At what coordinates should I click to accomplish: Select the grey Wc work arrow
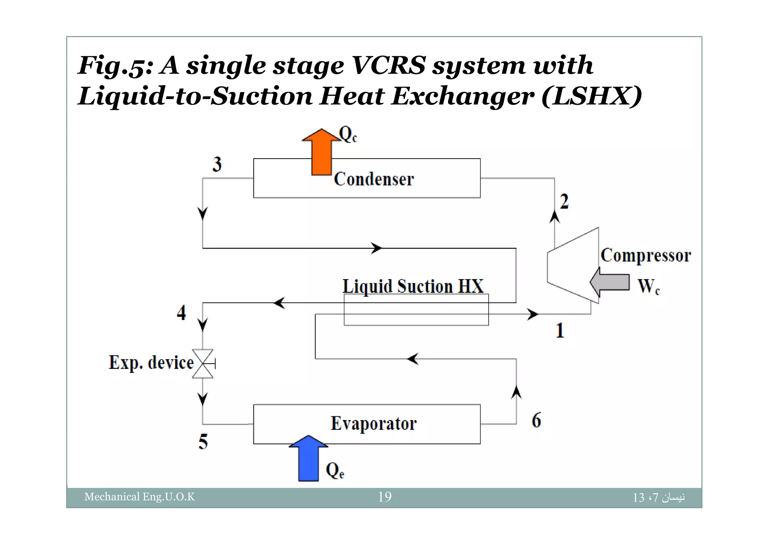(611, 282)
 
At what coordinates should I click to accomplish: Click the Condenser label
(374, 179)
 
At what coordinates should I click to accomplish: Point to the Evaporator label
(374, 424)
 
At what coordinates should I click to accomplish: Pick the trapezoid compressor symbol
(572, 265)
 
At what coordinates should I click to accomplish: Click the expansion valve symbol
(203, 364)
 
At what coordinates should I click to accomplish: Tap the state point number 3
(217, 165)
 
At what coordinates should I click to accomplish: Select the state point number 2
(564, 202)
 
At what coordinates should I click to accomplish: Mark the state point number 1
(560, 331)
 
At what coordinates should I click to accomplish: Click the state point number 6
(536, 420)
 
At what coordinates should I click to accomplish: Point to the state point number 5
(203, 442)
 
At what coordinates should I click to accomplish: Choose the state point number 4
(181, 313)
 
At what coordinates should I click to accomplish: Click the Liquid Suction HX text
(413, 286)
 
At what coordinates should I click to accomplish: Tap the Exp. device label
(151, 363)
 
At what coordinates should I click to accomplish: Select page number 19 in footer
(385, 497)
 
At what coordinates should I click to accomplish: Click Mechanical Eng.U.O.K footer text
(140, 497)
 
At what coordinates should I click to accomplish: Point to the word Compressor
(646, 255)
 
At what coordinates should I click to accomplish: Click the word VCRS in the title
(389, 65)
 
